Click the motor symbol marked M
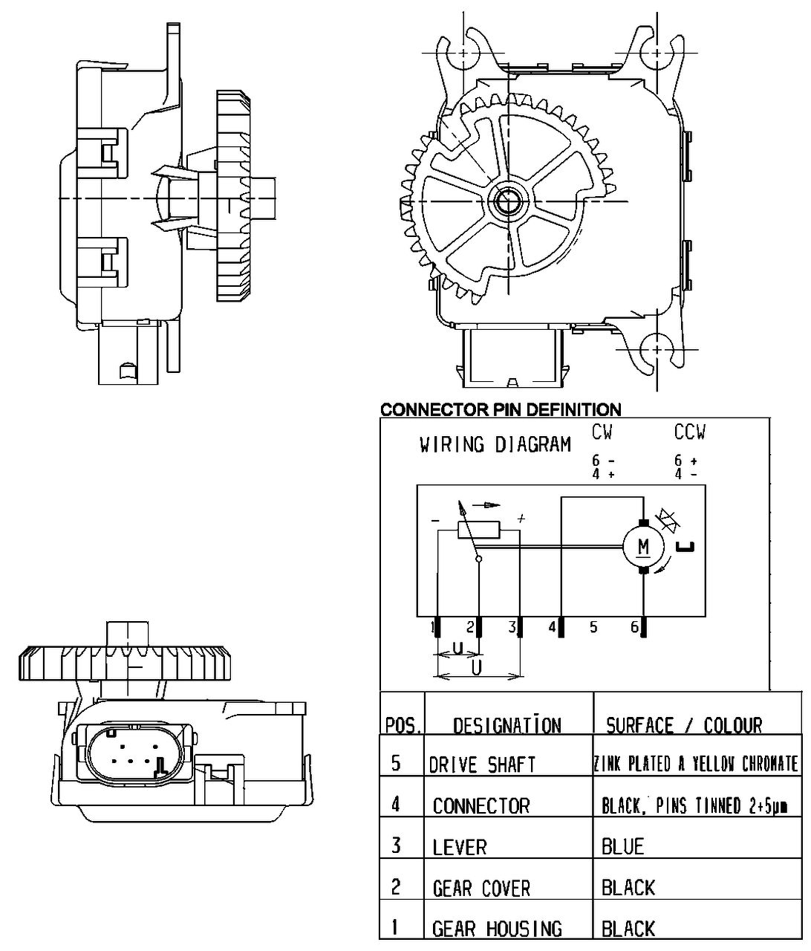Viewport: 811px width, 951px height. [x=644, y=547]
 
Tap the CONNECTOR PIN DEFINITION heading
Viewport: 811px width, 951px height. [x=501, y=409]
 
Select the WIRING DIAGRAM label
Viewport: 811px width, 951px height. [x=495, y=445]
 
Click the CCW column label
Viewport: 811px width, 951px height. [x=689, y=432]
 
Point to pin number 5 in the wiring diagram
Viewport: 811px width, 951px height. [x=593, y=627]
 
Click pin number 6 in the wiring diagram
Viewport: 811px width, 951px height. [x=634, y=627]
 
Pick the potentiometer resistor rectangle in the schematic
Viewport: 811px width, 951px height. [x=479, y=530]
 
